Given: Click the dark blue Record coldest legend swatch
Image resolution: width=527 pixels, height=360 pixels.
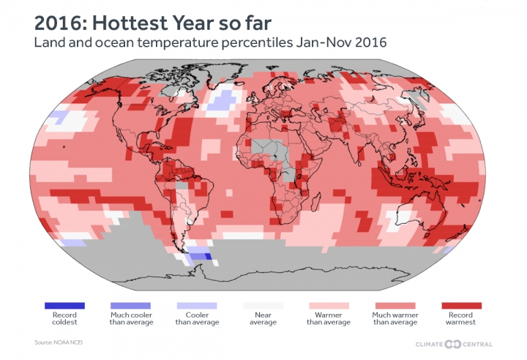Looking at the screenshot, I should coord(64,305).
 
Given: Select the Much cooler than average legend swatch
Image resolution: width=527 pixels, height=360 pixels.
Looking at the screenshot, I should coord(130,305).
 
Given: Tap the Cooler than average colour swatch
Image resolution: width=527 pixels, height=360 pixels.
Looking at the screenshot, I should coord(197,305).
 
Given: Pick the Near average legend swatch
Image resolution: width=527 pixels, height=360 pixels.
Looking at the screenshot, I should coord(263,305).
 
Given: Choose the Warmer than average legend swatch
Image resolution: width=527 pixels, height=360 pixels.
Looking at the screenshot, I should coord(329,305).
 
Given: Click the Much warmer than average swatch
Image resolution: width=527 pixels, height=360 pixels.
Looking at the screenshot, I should coord(395,305).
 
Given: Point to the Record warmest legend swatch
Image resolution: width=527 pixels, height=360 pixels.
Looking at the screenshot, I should coord(462,305).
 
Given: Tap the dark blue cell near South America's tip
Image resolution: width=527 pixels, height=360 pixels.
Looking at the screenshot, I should coord(207,256).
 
